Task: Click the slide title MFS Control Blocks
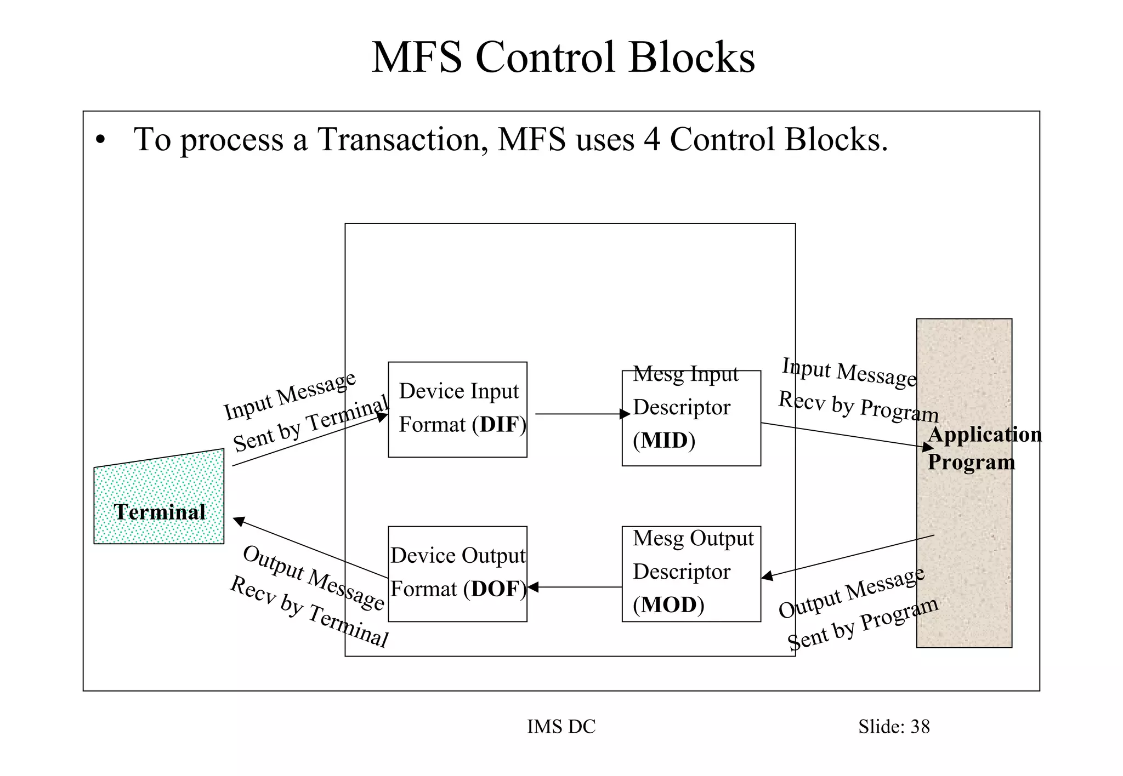[563, 57]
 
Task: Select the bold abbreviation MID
[664, 441]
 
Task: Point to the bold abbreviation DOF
[495, 589]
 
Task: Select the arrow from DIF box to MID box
[581, 414]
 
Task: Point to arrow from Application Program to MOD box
[848, 556]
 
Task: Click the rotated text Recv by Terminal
[309, 612]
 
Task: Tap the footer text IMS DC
[561, 727]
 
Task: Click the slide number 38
[920, 727]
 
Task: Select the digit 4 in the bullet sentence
[651, 139]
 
